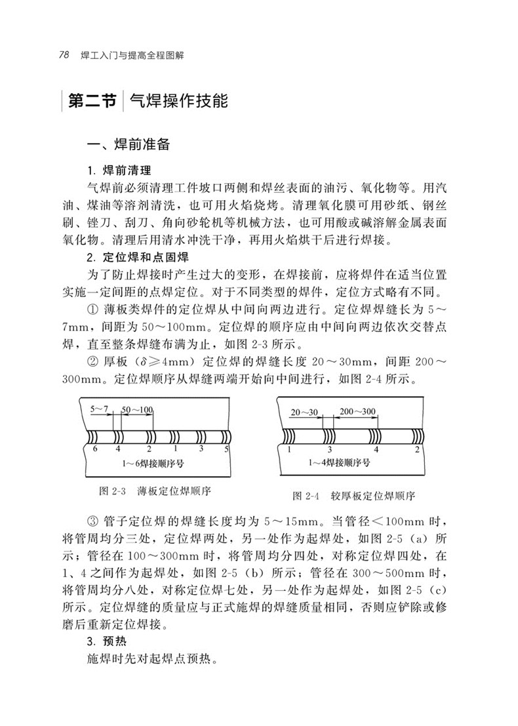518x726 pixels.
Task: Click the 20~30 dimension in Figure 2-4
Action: coord(304,412)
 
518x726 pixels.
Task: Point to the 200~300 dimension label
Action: coord(357,411)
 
